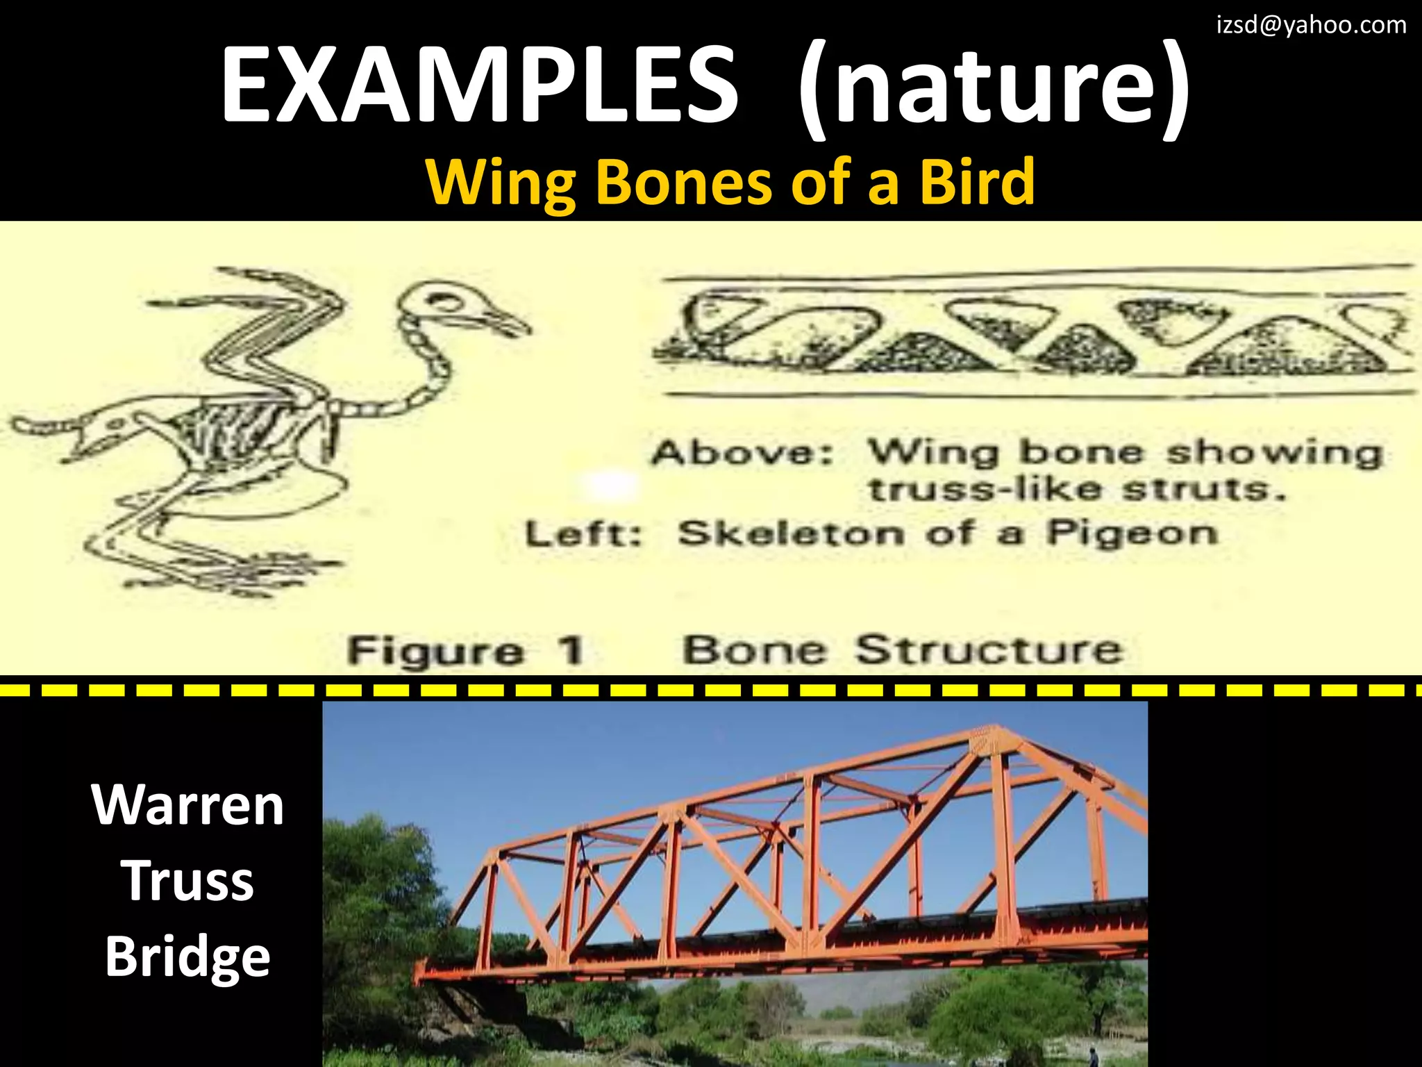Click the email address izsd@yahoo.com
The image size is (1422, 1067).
pyautogui.click(x=1311, y=26)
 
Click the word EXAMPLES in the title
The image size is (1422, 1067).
pyautogui.click(x=479, y=85)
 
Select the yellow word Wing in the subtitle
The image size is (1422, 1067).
pyautogui.click(x=501, y=182)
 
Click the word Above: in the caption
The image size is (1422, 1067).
pyautogui.click(x=742, y=453)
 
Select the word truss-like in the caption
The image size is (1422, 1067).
pyautogui.click(x=985, y=489)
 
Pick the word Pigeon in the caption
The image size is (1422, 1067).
pyautogui.click(x=1132, y=533)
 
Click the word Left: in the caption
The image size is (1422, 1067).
pyautogui.click(x=583, y=535)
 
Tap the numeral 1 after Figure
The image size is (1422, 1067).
pyautogui.click(x=571, y=651)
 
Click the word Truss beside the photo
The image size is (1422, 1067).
pyautogui.click(x=187, y=880)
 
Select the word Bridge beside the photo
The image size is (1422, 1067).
pyautogui.click(x=187, y=957)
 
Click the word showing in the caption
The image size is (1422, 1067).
pyautogui.click(x=1274, y=453)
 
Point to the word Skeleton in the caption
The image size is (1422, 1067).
pyautogui.click(x=791, y=533)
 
